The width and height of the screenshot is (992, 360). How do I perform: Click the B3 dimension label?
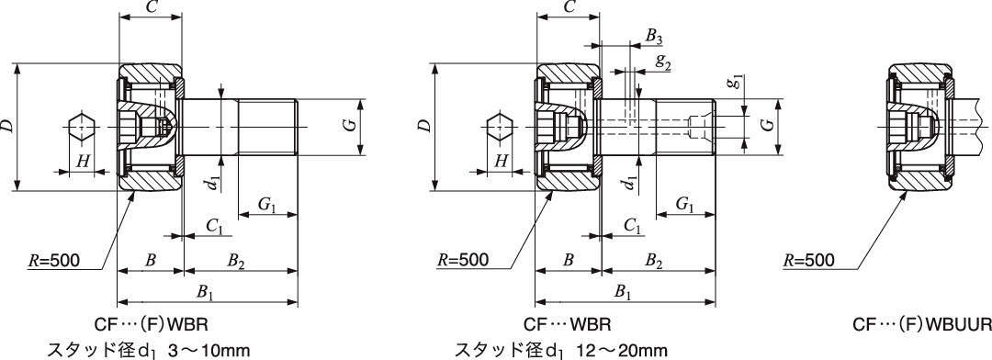[654, 38]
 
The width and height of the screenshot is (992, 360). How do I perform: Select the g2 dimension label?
[663, 61]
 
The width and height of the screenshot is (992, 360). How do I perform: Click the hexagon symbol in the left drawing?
[82, 128]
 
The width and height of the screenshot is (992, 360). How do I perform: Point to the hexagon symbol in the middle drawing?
[500, 128]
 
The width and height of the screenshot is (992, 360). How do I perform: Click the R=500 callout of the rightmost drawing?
[809, 260]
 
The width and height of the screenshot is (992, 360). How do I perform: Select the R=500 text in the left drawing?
[54, 260]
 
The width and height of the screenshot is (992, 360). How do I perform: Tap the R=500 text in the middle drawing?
[462, 260]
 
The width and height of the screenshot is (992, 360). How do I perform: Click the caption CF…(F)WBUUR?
[922, 325]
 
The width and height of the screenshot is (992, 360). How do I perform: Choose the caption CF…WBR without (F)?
[567, 325]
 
